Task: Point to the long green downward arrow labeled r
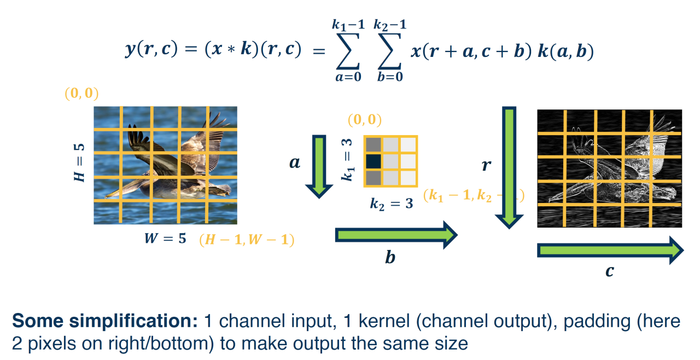(509, 167)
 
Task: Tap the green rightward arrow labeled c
(610, 250)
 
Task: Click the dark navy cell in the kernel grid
(373, 161)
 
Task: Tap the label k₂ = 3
(391, 204)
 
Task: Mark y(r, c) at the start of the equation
(159, 50)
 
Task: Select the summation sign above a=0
(348, 50)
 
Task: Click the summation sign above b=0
(390, 50)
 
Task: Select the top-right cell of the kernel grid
(408, 144)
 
